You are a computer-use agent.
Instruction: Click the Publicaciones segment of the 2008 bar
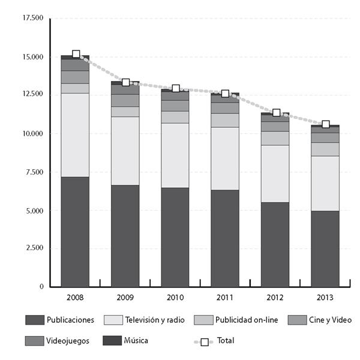point(75,231)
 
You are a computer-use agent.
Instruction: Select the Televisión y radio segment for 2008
point(75,135)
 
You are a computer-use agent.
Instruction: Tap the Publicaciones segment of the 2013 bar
point(325,248)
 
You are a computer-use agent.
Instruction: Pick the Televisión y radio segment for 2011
point(225,158)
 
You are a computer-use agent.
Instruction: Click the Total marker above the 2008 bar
point(76,55)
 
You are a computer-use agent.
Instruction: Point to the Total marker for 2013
point(325,124)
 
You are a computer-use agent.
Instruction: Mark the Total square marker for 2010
point(175,89)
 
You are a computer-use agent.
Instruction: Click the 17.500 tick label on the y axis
point(33,19)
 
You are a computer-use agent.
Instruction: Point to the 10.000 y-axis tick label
point(33,134)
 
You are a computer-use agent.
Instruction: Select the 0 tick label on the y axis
point(41,287)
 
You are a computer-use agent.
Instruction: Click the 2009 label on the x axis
point(125,297)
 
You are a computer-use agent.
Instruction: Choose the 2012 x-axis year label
point(275,297)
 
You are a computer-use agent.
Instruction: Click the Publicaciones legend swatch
point(34,320)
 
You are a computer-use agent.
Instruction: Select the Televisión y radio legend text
point(155,320)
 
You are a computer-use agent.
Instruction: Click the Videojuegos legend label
point(68,341)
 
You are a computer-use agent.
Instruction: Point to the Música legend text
point(136,341)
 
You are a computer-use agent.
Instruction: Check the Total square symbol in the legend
point(205,342)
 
